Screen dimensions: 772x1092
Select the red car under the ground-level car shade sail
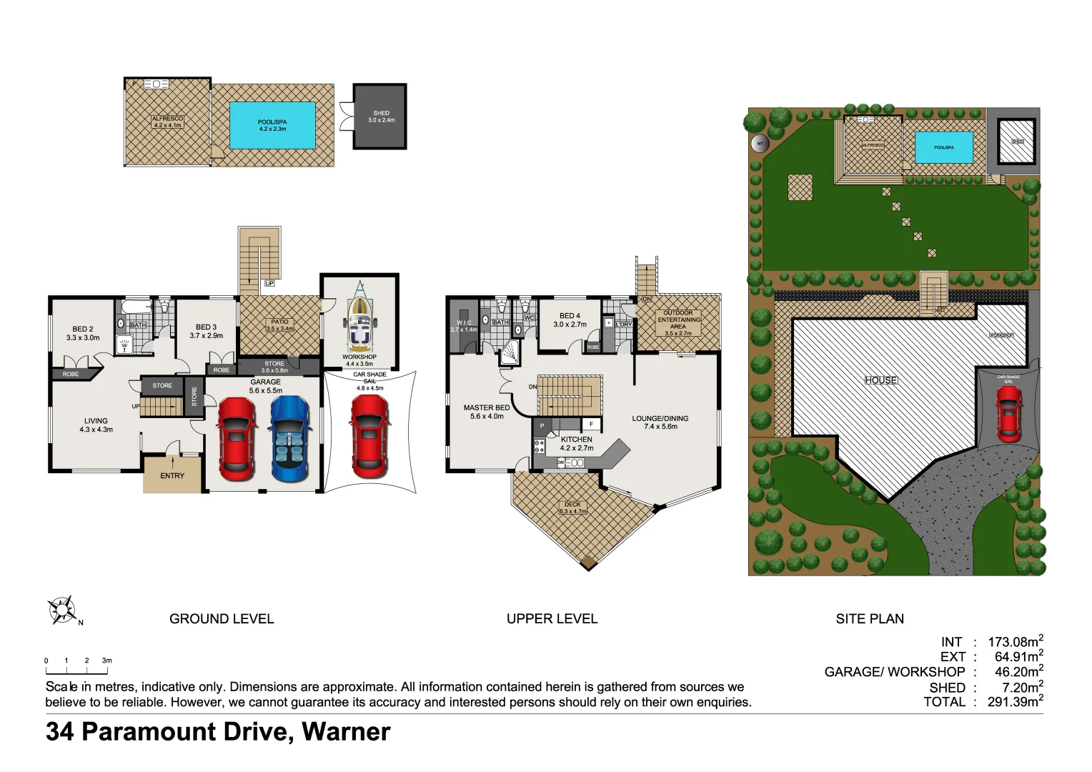click(370, 437)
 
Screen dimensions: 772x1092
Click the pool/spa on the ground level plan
click(272, 125)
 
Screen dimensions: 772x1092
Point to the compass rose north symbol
click(62, 610)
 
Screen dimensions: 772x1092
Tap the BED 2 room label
click(83, 330)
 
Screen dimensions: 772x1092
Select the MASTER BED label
click(487, 407)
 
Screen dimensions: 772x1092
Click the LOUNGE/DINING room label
click(660, 418)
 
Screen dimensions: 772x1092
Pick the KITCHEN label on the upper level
click(576, 440)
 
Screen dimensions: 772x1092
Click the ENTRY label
click(172, 476)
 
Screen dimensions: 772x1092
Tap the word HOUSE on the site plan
click(880, 380)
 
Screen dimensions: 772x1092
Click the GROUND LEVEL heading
click(222, 619)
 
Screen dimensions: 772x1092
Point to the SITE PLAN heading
click(870, 619)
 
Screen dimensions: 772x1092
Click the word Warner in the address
click(346, 732)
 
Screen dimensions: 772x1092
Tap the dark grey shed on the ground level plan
click(380, 117)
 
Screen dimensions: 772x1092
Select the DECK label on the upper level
click(572, 505)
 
